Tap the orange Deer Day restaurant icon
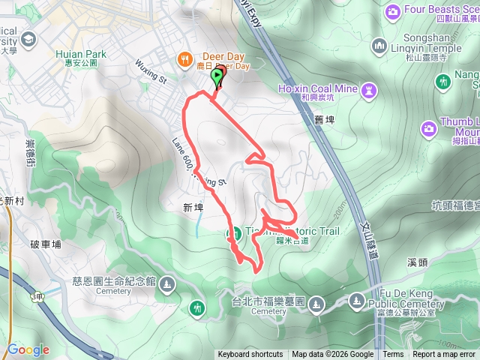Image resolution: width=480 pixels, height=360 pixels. point(183,58)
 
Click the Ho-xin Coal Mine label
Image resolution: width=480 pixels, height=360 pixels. point(317,89)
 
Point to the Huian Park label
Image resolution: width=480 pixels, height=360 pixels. point(81,54)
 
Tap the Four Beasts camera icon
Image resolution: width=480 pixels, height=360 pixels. point(391,11)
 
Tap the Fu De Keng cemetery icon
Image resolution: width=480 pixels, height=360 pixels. point(356,302)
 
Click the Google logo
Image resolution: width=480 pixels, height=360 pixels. point(28,349)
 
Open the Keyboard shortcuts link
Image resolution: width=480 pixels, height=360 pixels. point(250,355)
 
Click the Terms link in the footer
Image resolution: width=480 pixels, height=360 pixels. point(393,355)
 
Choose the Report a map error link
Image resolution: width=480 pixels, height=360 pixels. point(443,355)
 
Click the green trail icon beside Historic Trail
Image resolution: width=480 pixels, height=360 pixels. point(233,233)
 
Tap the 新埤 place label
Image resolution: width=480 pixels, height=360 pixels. point(193,207)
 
